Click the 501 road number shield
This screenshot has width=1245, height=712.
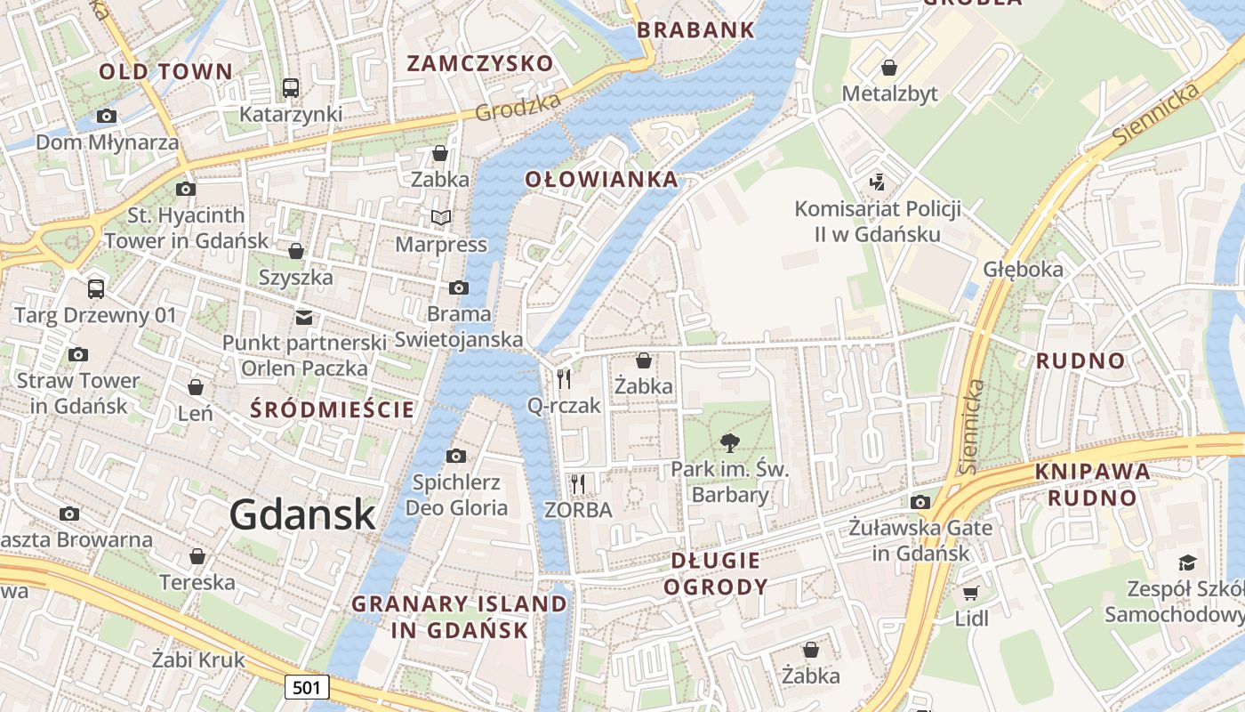pyautogui.click(x=307, y=687)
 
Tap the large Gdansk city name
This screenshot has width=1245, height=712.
pyautogui.click(x=302, y=514)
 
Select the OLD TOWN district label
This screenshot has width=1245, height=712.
pyautogui.click(x=165, y=72)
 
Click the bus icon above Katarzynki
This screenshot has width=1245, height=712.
pyautogui.click(x=291, y=87)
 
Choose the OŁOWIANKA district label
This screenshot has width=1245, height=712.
pyautogui.click(x=601, y=180)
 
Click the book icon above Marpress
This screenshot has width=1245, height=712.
pyautogui.click(x=441, y=217)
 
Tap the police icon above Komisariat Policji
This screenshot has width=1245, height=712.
pyautogui.click(x=878, y=182)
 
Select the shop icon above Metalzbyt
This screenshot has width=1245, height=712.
pyautogui.click(x=888, y=67)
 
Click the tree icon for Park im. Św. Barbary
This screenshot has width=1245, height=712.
pyautogui.click(x=730, y=442)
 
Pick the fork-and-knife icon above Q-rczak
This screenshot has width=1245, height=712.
pyautogui.click(x=564, y=379)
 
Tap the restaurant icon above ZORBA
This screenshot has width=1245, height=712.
pyautogui.click(x=578, y=484)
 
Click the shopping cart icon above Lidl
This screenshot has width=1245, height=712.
pyautogui.click(x=970, y=592)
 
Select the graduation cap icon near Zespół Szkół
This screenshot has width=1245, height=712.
pyautogui.click(x=1187, y=562)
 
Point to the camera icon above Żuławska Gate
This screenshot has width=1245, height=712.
pyautogui.click(x=920, y=502)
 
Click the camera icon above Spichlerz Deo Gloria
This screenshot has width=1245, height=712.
pyautogui.click(x=456, y=456)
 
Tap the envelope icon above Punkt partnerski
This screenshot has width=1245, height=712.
pyautogui.click(x=304, y=317)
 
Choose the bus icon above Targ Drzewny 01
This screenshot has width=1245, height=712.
pyautogui.click(x=96, y=288)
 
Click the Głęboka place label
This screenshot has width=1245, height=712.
pyautogui.click(x=1023, y=269)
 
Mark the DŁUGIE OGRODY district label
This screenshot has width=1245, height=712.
pyautogui.click(x=716, y=573)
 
